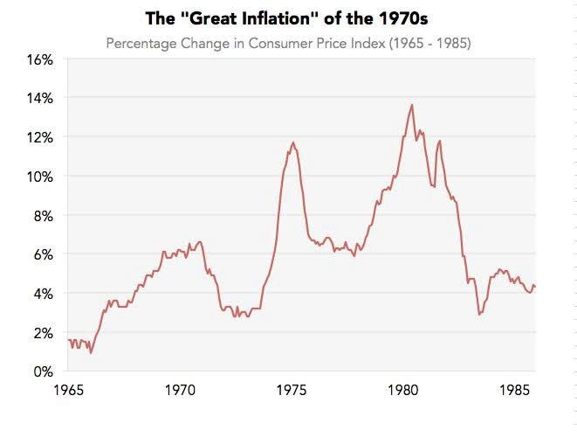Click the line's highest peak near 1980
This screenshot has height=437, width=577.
(x=412, y=105)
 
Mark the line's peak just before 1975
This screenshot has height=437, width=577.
(x=293, y=142)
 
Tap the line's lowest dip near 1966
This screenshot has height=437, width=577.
(x=91, y=352)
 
